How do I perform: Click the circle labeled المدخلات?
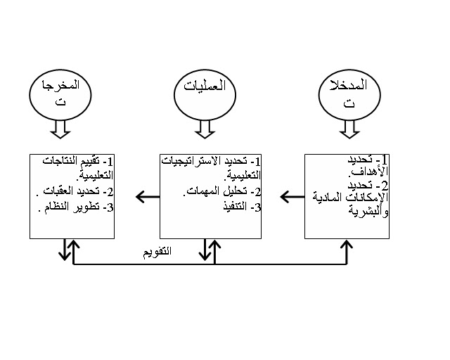point(348,94)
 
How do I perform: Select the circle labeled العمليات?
point(204,94)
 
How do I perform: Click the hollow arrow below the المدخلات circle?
point(348,128)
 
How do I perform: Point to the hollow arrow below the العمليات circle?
point(204,128)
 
